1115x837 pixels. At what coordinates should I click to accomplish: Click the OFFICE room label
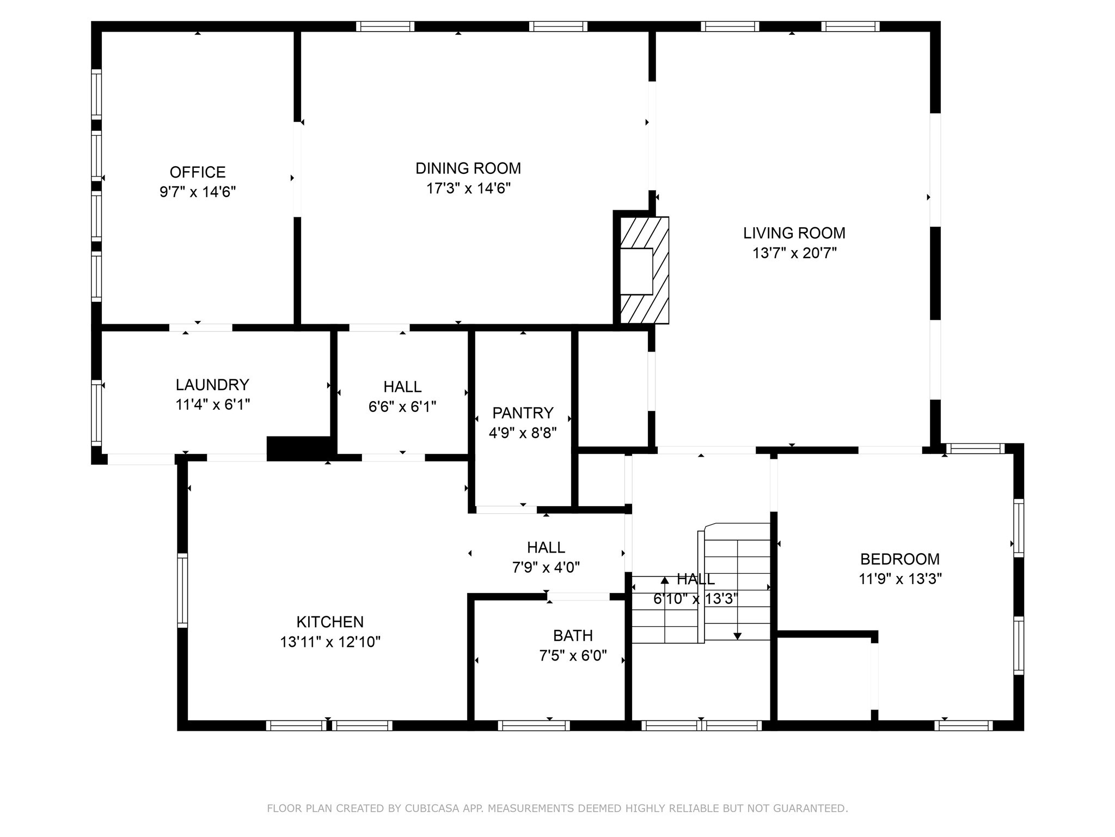pyautogui.click(x=198, y=172)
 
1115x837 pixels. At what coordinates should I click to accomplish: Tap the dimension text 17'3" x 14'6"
pyautogui.click(x=468, y=189)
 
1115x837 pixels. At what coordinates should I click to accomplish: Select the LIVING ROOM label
pyautogui.click(x=794, y=233)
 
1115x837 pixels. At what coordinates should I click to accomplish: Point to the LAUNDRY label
pyautogui.click(x=212, y=385)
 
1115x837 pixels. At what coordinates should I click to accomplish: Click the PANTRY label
pyautogui.click(x=523, y=413)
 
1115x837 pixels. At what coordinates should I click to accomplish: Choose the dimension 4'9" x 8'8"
pyautogui.click(x=523, y=433)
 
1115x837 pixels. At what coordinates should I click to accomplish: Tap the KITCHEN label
pyautogui.click(x=330, y=622)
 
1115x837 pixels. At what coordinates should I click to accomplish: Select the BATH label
pyautogui.click(x=573, y=635)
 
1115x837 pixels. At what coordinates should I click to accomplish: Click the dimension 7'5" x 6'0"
pyautogui.click(x=573, y=656)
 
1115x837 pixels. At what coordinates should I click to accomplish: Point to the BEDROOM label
pyautogui.click(x=900, y=559)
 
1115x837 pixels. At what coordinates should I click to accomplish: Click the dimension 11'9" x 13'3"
pyautogui.click(x=900, y=579)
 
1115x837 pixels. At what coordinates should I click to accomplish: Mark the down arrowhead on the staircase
pyautogui.click(x=737, y=635)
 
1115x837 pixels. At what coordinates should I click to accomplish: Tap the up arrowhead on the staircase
pyautogui.click(x=665, y=580)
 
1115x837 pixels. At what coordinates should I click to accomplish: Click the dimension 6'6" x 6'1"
pyautogui.click(x=402, y=407)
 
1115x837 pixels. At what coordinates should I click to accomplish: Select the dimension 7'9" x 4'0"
pyautogui.click(x=546, y=568)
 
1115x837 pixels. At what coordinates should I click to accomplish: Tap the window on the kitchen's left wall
pyautogui.click(x=183, y=590)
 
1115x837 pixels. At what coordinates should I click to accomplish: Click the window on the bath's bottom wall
pyautogui.click(x=534, y=725)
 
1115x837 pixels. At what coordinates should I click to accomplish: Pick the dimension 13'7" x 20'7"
pyautogui.click(x=794, y=253)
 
